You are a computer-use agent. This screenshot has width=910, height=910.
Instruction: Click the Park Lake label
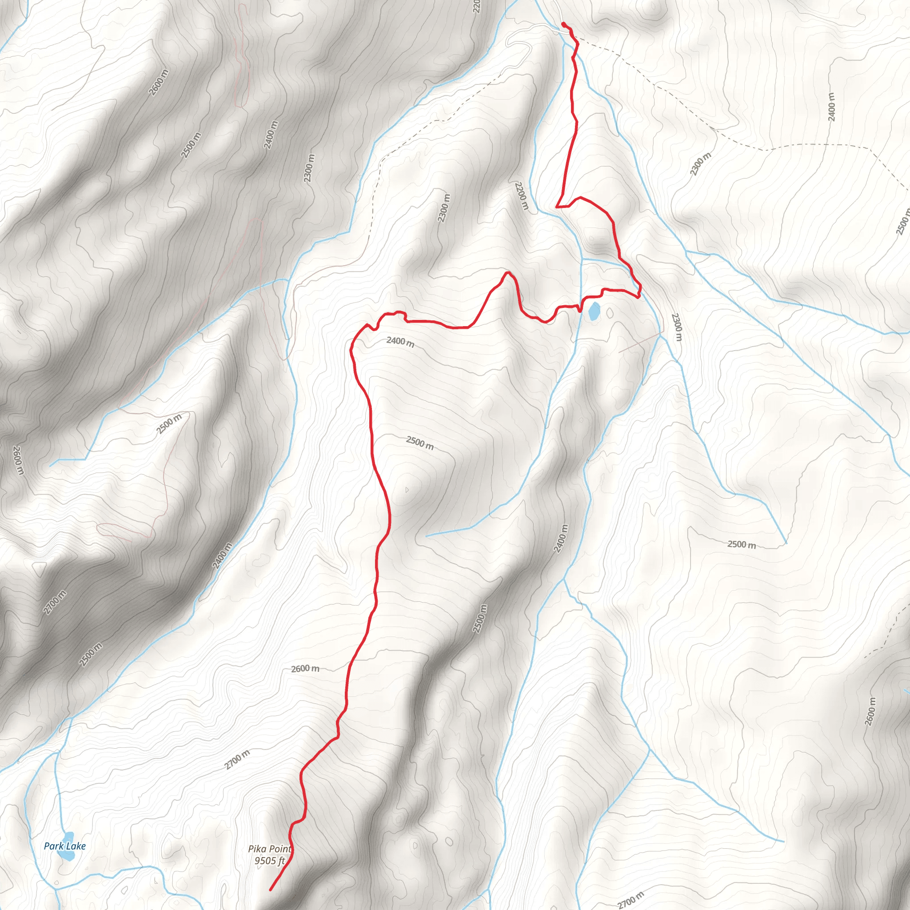point(64,846)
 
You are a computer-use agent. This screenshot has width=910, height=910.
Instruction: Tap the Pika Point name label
point(270,849)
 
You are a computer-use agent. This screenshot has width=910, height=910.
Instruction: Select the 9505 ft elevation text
point(269,861)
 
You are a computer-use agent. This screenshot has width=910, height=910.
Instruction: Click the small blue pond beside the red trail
point(594,312)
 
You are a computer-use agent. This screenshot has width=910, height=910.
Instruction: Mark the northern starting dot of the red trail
point(564,24)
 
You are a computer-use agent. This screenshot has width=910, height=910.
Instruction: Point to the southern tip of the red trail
point(270,890)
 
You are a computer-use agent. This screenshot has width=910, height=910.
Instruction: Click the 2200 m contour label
point(522,196)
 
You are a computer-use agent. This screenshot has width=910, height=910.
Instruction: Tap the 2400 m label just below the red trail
point(400,342)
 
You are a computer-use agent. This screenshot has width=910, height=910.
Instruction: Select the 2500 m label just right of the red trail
point(419,443)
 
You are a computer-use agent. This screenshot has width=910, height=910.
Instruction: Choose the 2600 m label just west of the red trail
point(305,669)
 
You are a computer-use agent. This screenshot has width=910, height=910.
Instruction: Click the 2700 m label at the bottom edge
point(630,900)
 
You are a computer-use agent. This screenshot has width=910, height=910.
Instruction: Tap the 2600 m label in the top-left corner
point(159,83)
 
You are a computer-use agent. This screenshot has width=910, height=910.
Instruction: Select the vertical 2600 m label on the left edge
point(17,461)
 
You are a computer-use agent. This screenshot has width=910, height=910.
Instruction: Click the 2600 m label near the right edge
point(871,711)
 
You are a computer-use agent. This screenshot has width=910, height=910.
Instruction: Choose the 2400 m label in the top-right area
point(831,107)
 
